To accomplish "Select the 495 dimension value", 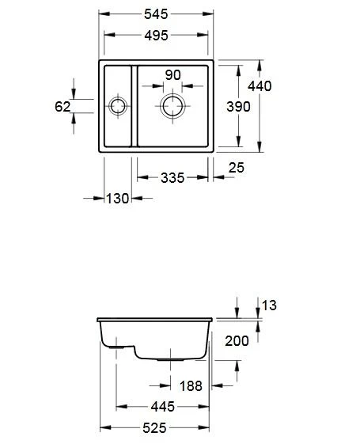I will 158,36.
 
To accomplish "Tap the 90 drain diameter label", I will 173,75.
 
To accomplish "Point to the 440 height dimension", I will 260,86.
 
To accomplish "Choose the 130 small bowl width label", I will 117,199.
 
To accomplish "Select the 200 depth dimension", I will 237,341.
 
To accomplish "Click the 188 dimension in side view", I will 191,385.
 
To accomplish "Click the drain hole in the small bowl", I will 118,105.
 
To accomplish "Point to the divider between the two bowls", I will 135,107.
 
